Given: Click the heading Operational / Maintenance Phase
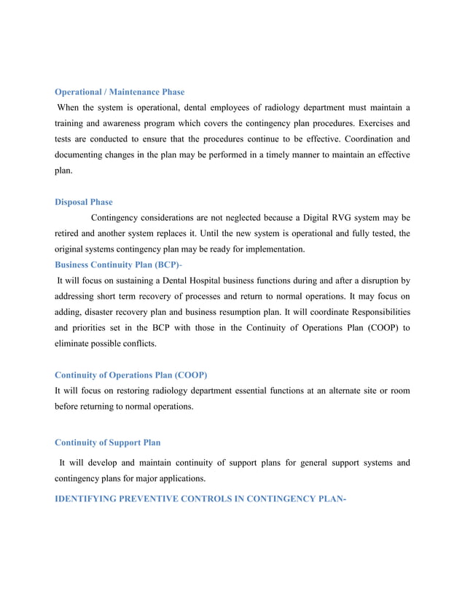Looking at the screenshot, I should click(120, 92).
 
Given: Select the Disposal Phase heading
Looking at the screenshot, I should click(84, 202).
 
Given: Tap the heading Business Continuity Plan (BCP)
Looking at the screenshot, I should click(118, 264).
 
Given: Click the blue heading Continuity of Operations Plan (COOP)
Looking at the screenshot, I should click(131, 375).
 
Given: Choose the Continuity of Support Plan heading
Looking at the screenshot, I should click(108, 442).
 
